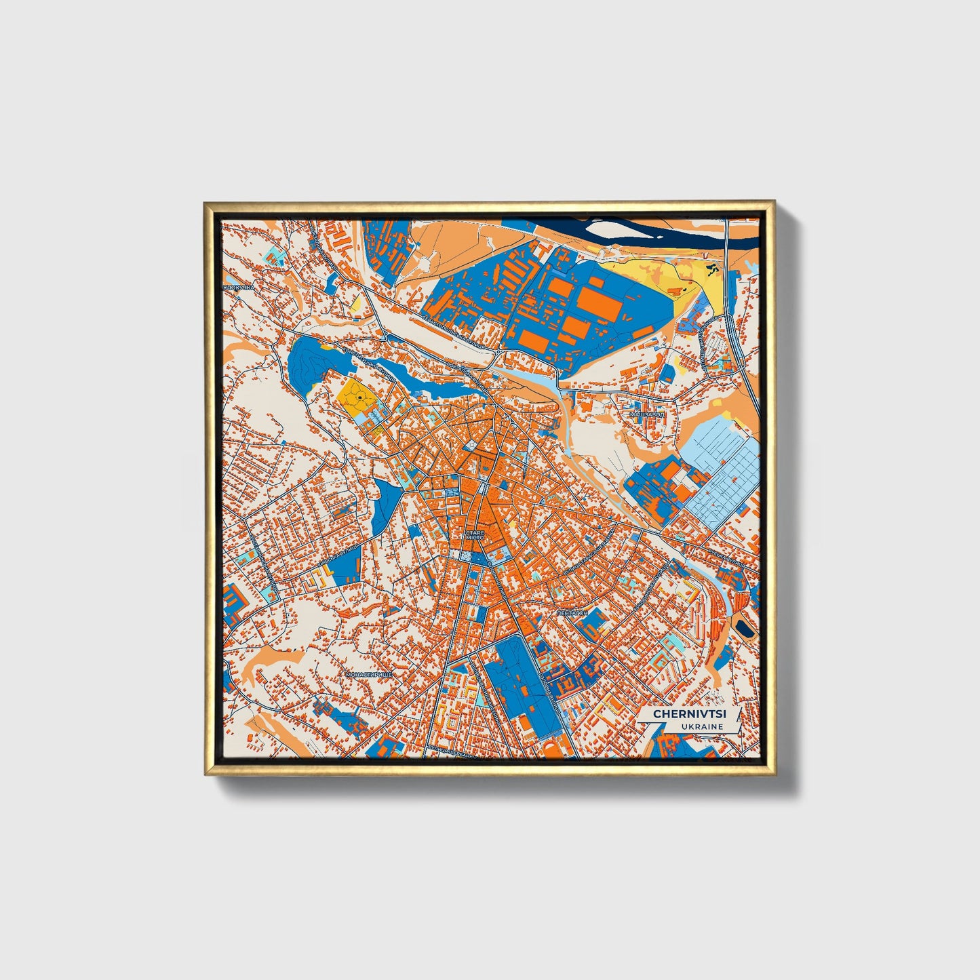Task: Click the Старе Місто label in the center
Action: click(x=475, y=536)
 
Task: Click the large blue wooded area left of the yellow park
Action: click(x=305, y=363)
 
